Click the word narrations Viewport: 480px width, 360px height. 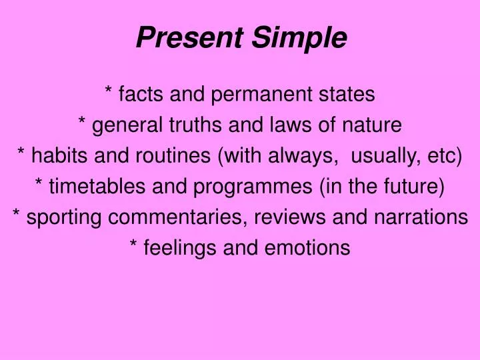pos(424,217)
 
